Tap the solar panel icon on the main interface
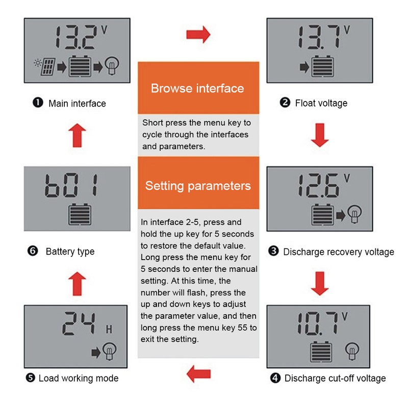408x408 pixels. tap(47, 67)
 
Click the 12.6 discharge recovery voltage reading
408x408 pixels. tap(316, 187)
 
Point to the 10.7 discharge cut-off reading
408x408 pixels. tap(316, 325)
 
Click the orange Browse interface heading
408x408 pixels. tap(197, 88)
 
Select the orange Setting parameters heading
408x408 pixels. tap(198, 185)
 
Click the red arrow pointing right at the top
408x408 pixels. tap(198, 35)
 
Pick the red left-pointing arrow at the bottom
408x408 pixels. tap(198, 375)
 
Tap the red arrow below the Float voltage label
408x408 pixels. tap(320, 135)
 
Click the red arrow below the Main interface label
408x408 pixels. tap(76, 135)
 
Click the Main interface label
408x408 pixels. tap(77, 104)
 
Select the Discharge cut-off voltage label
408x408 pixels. tap(335, 378)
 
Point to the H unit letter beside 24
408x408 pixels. tap(109, 329)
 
